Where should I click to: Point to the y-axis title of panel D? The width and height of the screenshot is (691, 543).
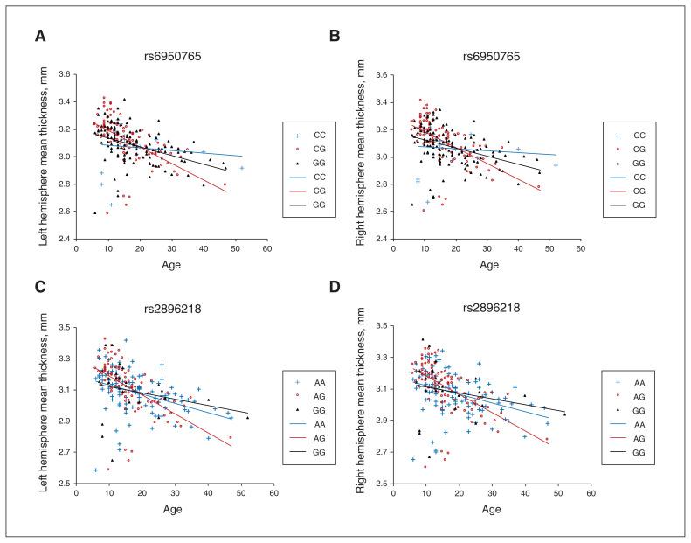(363, 404)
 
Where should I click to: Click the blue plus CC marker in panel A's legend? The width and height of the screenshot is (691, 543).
(297, 136)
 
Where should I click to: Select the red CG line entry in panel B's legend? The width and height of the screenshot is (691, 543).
(618, 190)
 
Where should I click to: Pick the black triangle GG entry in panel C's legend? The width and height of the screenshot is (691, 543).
(298, 410)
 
